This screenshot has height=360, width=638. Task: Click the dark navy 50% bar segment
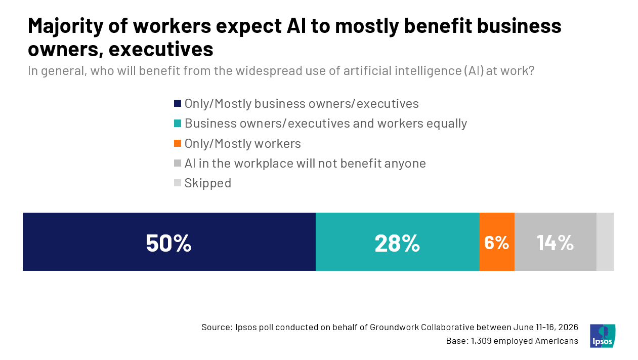click(169, 242)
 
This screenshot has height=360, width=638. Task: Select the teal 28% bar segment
click(398, 242)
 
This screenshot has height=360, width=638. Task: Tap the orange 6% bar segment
click(497, 242)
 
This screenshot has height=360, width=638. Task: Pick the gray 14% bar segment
click(556, 242)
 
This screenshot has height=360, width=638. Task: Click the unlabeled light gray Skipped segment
click(605, 242)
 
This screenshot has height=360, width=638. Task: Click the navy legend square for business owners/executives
click(178, 103)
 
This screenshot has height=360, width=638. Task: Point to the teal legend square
click(178, 124)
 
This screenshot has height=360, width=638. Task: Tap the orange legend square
click(178, 143)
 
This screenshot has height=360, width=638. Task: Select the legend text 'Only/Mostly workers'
click(243, 144)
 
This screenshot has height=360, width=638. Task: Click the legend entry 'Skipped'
click(208, 183)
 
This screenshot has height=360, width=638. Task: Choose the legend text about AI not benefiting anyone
click(305, 164)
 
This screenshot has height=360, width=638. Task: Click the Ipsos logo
click(603, 336)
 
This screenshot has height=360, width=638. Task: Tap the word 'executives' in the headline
click(161, 49)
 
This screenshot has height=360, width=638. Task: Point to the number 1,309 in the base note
click(481, 341)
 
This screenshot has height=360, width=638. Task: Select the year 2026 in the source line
click(568, 327)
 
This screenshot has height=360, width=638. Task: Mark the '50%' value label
click(168, 243)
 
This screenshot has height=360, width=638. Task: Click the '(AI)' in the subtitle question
click(474, 71)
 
